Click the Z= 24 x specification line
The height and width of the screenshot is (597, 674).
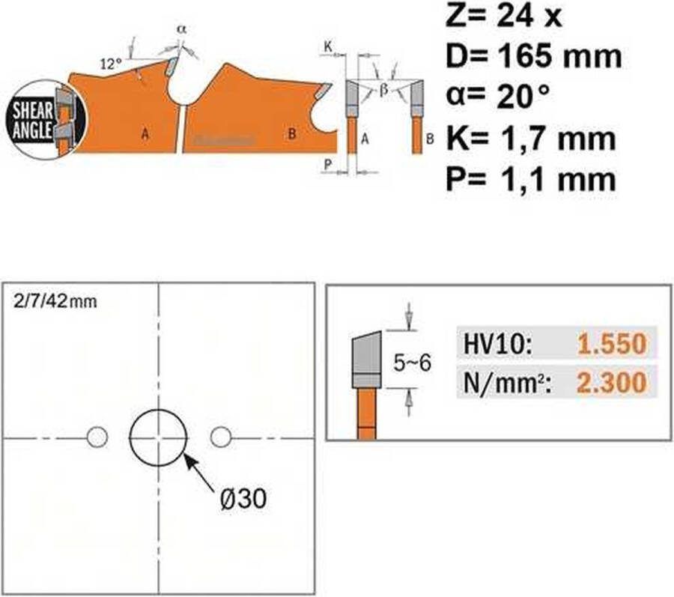coord(503,16)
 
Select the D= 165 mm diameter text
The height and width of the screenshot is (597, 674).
coord(534,57)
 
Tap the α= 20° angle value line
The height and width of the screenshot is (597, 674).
coord(498,97)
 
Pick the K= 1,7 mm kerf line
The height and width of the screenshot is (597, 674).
coord(531,139)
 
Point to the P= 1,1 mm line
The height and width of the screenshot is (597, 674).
coord(531,179)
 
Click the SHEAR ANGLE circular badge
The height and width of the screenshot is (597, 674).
coord(45,120)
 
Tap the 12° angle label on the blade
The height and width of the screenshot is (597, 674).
coord(112,64)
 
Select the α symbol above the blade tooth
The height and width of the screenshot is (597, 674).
coord(181,29)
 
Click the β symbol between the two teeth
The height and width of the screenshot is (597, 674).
coord(384,89)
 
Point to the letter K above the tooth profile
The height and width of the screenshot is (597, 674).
coord(328,46)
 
